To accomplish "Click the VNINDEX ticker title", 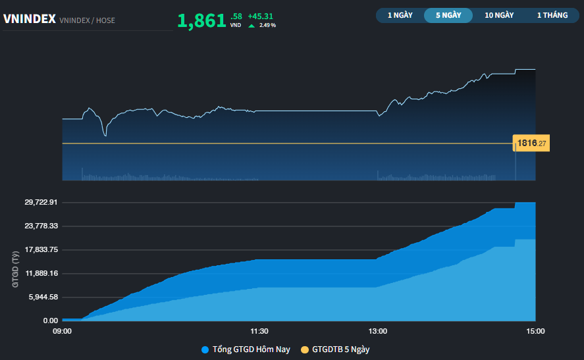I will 30,20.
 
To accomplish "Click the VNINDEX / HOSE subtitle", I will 87,20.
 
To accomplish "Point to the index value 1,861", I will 201,21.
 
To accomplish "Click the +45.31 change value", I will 261,16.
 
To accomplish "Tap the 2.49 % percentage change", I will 267,25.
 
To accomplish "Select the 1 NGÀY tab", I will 400,15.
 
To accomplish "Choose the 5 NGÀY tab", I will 448,15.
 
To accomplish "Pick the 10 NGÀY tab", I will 499,15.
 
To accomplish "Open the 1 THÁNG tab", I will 552,15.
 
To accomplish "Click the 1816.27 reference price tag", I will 531,143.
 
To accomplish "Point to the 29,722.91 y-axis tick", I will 41,202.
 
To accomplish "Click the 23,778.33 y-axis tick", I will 41,226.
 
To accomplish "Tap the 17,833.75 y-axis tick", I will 41,249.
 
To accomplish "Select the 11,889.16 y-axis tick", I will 41,273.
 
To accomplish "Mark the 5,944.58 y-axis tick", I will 43,297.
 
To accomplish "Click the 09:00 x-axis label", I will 63,331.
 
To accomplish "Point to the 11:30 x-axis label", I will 259,331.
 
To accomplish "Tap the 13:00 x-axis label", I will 378,331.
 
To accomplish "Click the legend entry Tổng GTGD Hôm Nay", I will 246,349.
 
